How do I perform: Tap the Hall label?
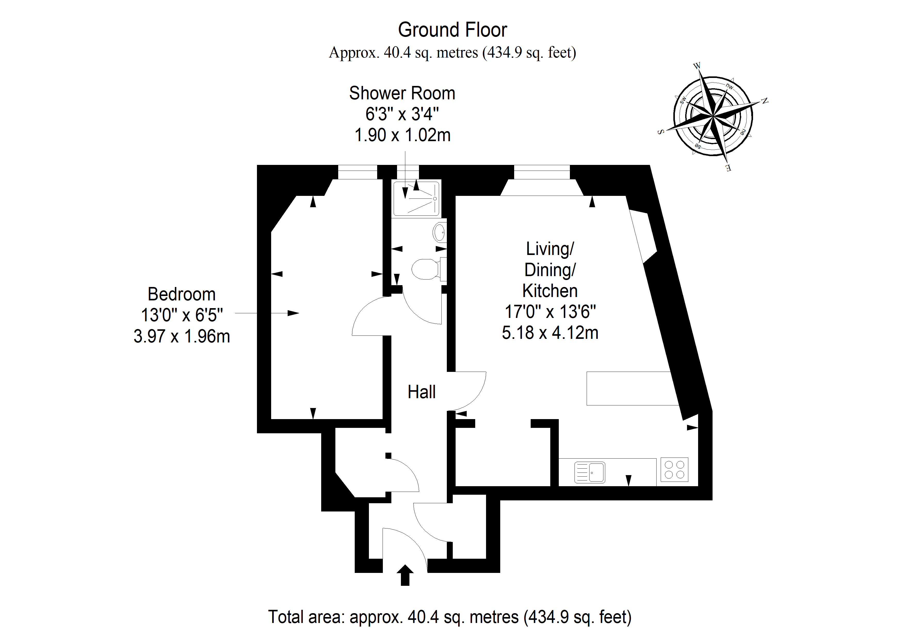pos(421,392)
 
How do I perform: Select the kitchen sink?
pos(590,472)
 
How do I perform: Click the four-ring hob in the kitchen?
pos(674,470)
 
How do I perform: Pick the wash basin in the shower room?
pos(440,232)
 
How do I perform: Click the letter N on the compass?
pos(764,101)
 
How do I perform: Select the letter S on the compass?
pos(661,132)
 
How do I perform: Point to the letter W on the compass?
pos(697,66)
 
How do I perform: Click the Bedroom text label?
pos(181,294)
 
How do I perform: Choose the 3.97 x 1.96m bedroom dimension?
pos(182,336)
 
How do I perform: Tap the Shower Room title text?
pos(402,93)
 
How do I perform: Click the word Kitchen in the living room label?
pos(550,291)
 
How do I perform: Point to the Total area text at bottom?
pos(450,617)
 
